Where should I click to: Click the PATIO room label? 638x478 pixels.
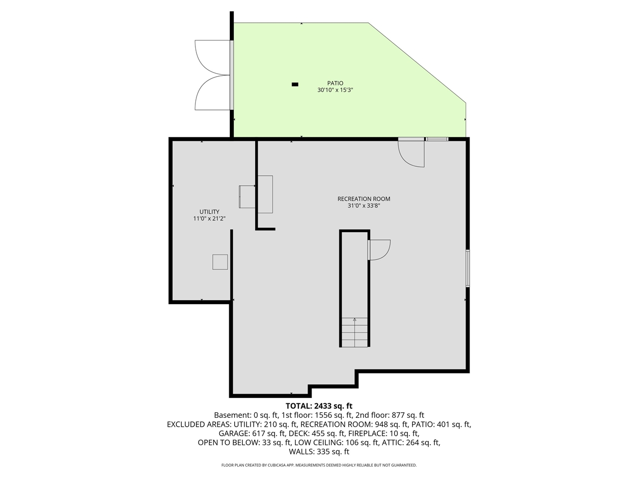pyautogui.click(x=335, y=84)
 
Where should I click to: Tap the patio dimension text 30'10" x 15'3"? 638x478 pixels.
pyautogui.click(x=335, y=91)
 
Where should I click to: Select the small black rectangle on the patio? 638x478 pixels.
pyautogui.click(x=295, y=85)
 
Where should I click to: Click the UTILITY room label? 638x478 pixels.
pyautogui.click(x=209, y=212)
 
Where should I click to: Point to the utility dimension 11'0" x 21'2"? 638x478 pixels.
pyautogui.click(x=209, y=219)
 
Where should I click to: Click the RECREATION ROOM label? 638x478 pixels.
pyautogui.click(x=364, y=199)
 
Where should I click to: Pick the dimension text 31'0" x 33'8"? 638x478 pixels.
pyautogui.click(x=364, y=206)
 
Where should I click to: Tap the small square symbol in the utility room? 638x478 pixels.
pyautogui.click(x=220, y=262)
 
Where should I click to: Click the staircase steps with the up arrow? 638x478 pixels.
pyautogui.click(x=354, y=332)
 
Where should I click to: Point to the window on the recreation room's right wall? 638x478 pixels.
pyautogui.click(x=468, y=268)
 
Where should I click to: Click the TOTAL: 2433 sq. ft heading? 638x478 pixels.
pyautogui.click(x=319, y=406)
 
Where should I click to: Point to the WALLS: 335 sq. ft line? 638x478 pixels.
pyautogui.click(x=319, y=452)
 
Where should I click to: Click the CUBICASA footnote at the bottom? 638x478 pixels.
pyautogui.click(x=319, y=466)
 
